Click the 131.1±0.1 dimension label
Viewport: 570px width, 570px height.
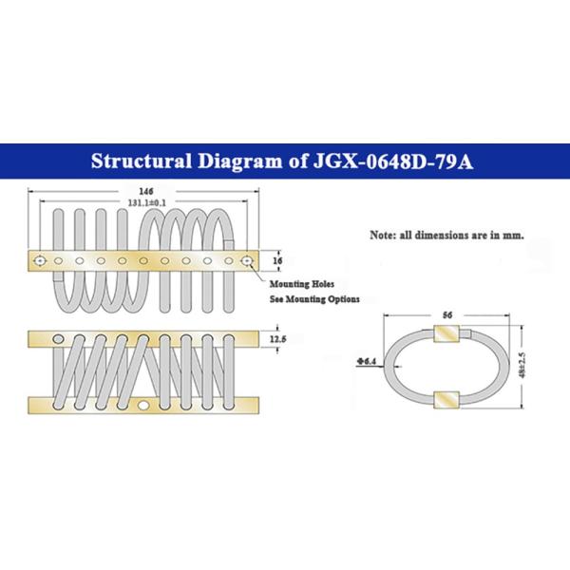pyautogui.click(x=144, y=201)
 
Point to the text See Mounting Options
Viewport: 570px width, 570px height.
pyautogui.click(x=314, y=298)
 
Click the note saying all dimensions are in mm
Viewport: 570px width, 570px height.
pyautogui.click(x=446, y=232)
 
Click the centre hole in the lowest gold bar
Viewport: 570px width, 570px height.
pyautogui.click(x=144, y=407)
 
